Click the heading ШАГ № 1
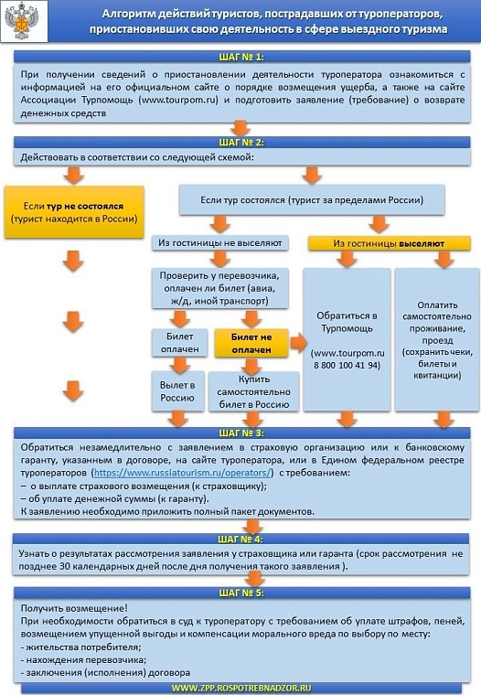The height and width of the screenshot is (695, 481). pyautogui.click(x=241, y=58)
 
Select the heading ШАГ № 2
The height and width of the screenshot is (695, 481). pyautogui.click(x=241, y=143)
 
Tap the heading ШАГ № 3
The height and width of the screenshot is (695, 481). pyautogui.click(x=241, y=433)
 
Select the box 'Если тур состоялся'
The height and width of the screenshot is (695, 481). pyautogui.click(x=312, y=198)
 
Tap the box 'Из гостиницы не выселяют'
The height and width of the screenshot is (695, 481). pyautogui.click(x=219, y=244)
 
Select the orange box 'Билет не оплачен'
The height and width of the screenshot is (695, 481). pyautogui.click(x=251, y=343)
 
